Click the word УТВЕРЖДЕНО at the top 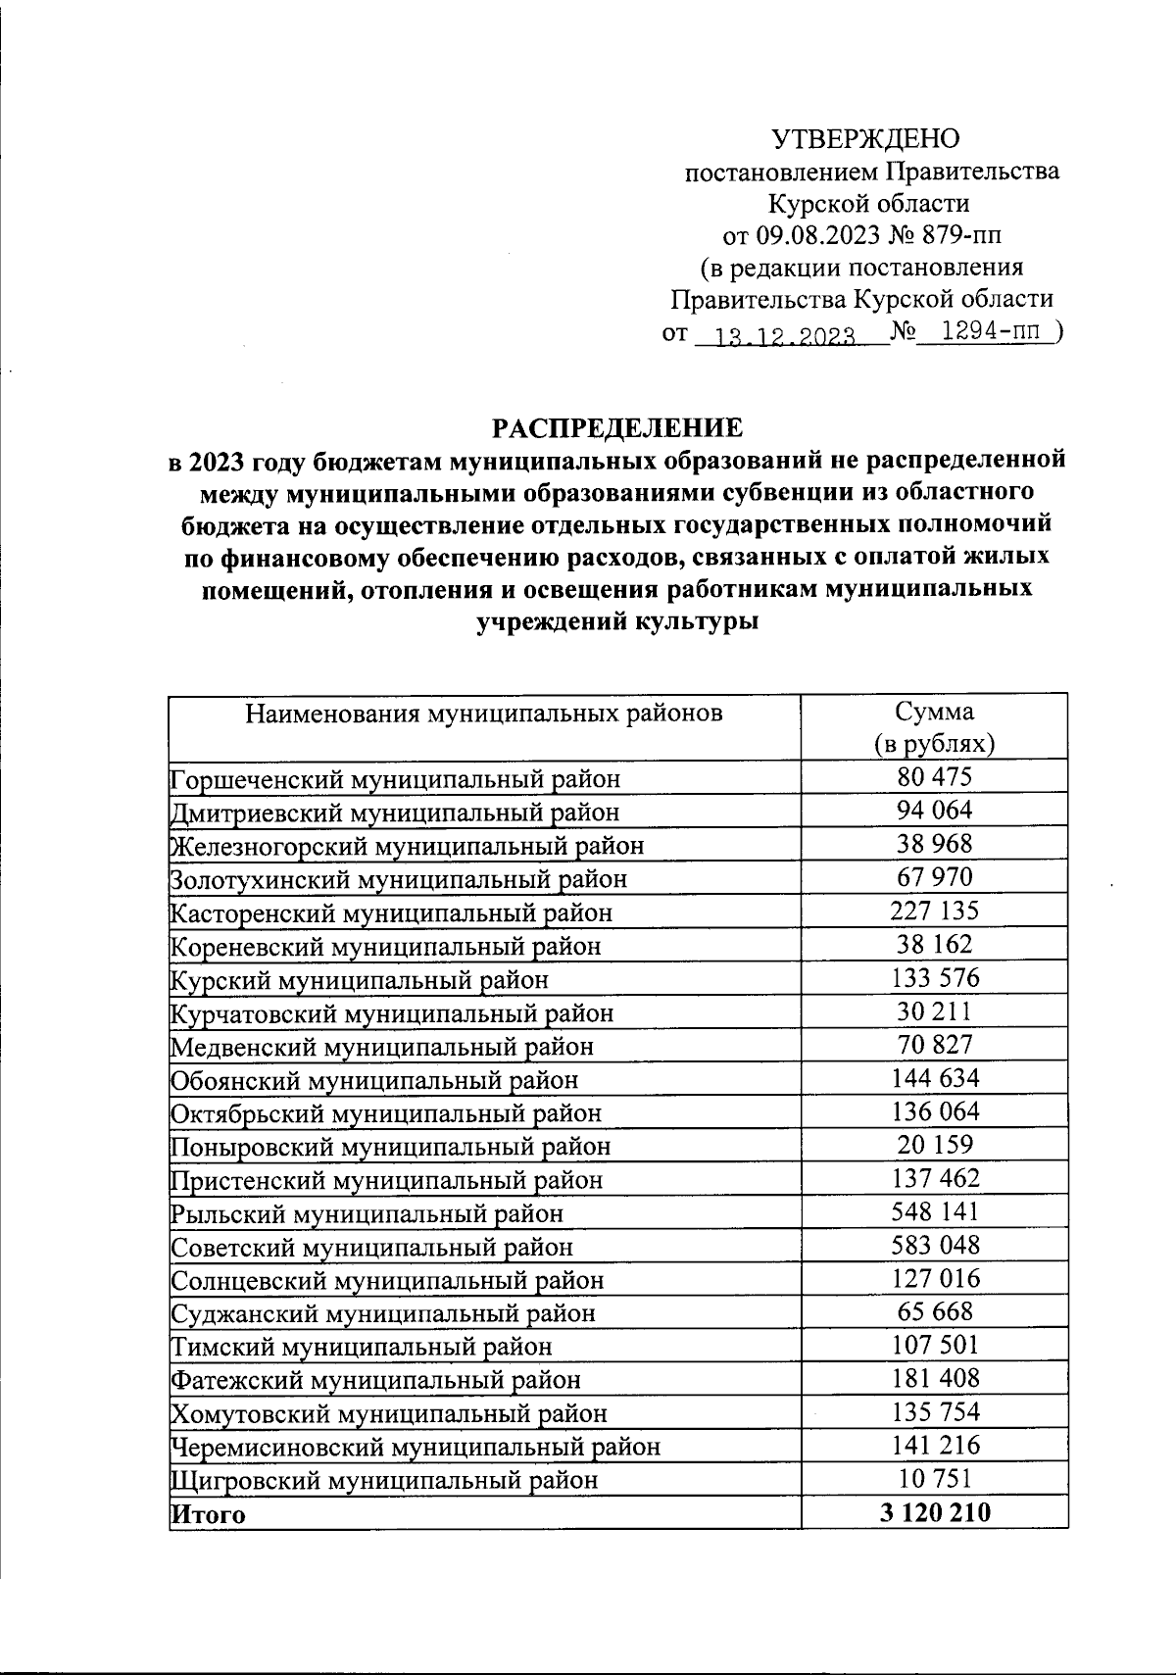tap(866, 139)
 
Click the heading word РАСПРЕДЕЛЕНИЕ tap(616, 428)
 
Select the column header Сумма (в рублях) tap(934, 727)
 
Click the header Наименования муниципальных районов tap(483, 713)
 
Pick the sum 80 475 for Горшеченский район tap(934, 777)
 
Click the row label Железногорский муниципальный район tap(407, 845)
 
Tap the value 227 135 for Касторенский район tap(934, 911)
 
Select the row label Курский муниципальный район tap(359, 979)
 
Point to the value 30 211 tap(934, 1010)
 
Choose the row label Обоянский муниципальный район tap(373, 1079)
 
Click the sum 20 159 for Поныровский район tap(934, 1144)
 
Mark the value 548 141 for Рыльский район tap(934, 1211)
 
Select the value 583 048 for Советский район tap(934, 1245)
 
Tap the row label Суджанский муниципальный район tap(382, 1312)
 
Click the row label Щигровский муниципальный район tap(383, 1479)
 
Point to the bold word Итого tap(208, 1513)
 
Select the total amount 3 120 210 tap(934, 1512)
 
